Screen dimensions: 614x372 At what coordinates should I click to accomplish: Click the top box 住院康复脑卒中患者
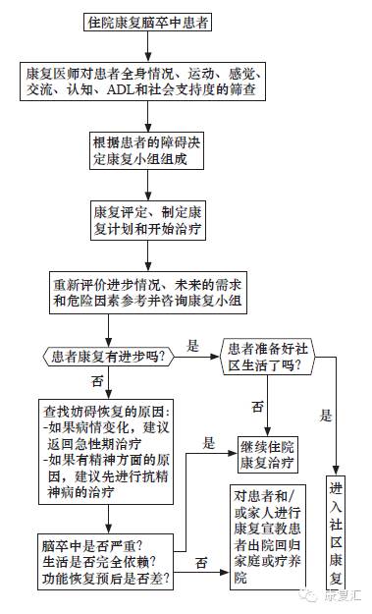click(147, 20)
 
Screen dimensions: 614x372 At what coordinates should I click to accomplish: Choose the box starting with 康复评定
click(147, 218)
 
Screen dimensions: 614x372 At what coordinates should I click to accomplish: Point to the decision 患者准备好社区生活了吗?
click(276, 356)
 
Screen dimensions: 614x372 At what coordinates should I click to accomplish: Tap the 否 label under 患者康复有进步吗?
click(96, 380)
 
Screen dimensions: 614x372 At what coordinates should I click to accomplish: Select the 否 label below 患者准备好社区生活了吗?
click(257, 406)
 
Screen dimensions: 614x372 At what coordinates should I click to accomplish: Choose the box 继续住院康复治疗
click(274, 452)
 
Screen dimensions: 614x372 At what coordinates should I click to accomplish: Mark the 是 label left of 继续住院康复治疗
click(208, 443)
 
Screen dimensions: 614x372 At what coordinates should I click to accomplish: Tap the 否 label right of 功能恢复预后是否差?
click(200, 562)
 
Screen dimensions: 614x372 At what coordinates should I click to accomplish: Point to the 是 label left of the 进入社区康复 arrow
click(325, 414)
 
